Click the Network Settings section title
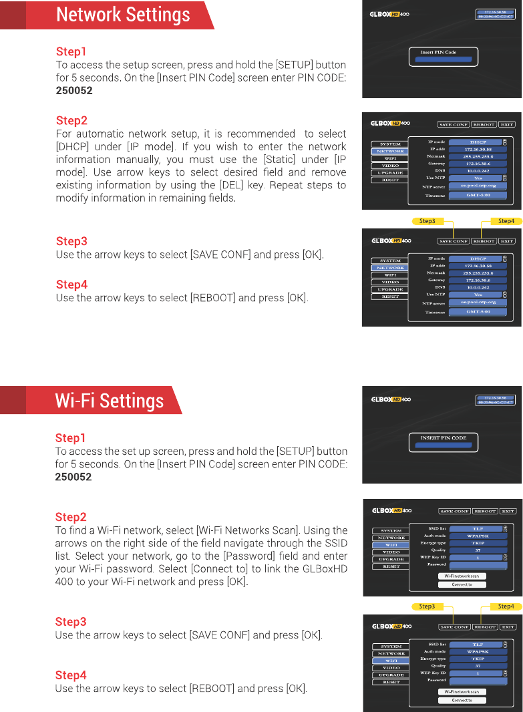123,15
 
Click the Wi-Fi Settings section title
109,401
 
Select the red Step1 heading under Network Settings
71,51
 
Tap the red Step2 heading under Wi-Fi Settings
71,517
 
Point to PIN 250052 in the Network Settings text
74,90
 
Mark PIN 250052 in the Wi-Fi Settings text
73,477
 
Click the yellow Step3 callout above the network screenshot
427,221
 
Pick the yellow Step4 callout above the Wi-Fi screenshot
506,606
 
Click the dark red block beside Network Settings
13,15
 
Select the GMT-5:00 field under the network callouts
478,312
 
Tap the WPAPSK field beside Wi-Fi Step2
478,536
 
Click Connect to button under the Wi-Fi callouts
462,701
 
